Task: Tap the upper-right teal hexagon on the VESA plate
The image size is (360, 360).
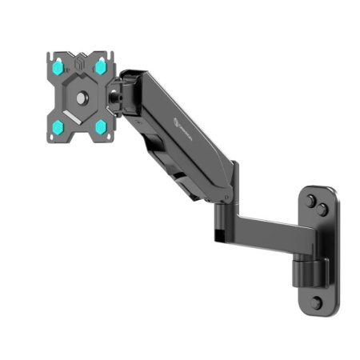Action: click(x=101, y=66)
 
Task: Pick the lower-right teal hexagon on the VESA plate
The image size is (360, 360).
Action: click(x=102, y=126)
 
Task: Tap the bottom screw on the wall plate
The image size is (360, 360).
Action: click(x=317, y=302)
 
